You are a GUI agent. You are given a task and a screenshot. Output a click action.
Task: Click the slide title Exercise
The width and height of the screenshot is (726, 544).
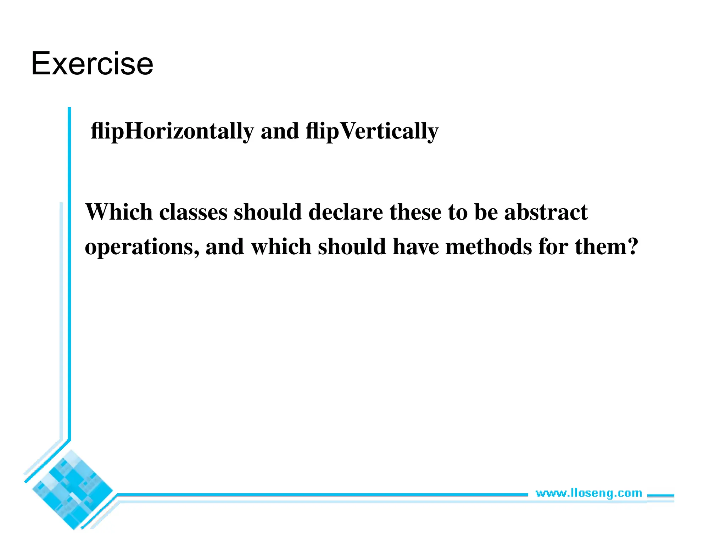pos(92,64)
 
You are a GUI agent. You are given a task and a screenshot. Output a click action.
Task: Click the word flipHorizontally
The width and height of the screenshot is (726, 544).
pos(172,131)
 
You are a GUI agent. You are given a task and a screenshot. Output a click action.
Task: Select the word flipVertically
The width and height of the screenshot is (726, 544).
pos(372,131)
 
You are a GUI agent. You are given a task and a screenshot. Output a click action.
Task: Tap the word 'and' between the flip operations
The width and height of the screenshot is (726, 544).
pos(280,131)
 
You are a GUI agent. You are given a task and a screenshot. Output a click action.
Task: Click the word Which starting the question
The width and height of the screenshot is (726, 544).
pos(119,212)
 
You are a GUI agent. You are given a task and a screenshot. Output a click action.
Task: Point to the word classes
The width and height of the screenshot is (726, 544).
pos(193,212)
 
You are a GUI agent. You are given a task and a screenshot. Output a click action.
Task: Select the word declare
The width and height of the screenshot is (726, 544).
pos(346,212)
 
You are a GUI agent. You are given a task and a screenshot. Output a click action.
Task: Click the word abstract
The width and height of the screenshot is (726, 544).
pos(546,212)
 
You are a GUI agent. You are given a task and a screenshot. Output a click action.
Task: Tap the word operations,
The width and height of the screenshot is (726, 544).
pos(142,247)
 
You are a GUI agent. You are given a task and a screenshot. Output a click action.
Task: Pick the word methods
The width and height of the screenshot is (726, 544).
pos(489,246)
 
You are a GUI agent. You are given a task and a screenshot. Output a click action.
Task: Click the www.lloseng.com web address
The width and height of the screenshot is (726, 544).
pos(588,493)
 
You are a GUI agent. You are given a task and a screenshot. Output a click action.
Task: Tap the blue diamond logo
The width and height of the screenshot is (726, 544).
pos(72,490)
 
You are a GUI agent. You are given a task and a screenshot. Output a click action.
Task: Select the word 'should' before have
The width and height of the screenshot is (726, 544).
pos(352,246)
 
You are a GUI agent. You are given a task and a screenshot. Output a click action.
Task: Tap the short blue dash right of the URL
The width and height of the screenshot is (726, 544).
pos(661,495)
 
